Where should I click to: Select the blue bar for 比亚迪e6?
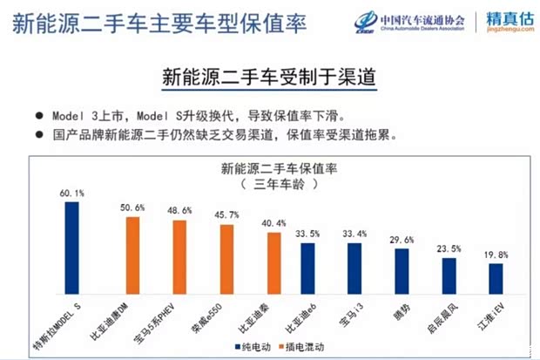point(307,267)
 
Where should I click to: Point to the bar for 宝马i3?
point(354,267)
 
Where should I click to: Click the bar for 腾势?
point(402,270)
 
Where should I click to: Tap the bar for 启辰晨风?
point(449,275)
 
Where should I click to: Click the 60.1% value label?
point(72,193)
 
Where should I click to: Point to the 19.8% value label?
point(496,254)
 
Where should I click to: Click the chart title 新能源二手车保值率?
point(275,168)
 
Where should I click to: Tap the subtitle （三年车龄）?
point(275,185)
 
